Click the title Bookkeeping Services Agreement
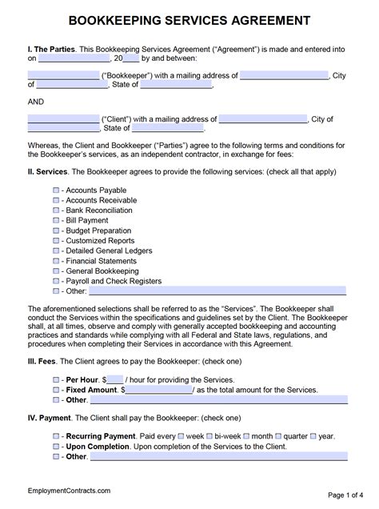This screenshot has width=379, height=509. [189, 20]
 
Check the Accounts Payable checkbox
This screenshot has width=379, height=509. [55, 190]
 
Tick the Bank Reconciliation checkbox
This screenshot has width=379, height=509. [55, 210]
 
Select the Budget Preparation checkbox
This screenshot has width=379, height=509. [55, 230]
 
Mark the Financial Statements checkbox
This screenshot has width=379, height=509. [55, 261]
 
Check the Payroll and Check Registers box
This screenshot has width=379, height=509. [55, 281]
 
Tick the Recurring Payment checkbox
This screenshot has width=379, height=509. [55, 435]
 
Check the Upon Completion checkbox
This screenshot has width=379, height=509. [55, 446]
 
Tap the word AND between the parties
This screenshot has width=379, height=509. [37, 102]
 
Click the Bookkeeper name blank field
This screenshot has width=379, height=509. [63, 76]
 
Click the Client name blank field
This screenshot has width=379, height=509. [63, 118]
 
